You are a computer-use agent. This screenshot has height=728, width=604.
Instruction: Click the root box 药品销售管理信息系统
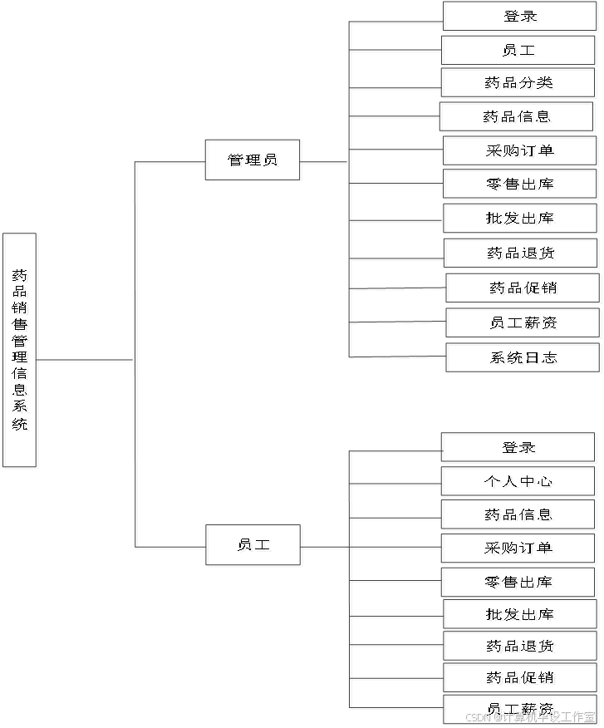pos(22,352)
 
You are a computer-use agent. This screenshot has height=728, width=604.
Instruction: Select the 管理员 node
pos(254,160)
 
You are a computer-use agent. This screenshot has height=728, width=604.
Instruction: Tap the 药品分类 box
pos(520,84)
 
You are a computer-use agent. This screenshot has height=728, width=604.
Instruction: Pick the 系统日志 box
pos(524,359)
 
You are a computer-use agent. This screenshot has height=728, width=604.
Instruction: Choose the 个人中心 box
pos(520,482)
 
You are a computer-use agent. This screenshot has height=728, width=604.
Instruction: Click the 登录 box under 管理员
pos(521,17)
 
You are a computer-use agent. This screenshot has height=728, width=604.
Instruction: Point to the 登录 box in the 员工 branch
pos(520,448)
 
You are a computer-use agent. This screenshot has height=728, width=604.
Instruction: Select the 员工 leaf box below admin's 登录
pos(520,52)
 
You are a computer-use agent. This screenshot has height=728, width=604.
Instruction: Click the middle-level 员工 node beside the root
pos(254,546)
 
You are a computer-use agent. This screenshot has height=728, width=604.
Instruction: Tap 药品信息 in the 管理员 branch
pos(518,118)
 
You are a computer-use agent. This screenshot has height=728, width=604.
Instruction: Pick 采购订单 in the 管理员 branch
pos(522,152)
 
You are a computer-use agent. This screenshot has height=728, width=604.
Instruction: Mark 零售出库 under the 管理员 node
pos(522,185)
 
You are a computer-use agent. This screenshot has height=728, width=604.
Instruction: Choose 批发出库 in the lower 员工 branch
pos(522,616)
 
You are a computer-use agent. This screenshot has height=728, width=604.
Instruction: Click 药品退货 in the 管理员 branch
pos(523,254)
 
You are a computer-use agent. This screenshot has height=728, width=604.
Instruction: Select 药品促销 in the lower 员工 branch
pos(522,679)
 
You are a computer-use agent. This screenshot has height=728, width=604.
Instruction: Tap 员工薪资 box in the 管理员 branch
pos(524,323)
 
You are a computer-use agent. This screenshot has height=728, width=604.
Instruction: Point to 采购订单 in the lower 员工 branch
pos(520,549)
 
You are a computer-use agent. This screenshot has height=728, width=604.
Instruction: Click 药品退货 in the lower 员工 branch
pos(522,647)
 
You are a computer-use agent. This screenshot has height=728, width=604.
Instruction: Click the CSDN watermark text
pos(529,716)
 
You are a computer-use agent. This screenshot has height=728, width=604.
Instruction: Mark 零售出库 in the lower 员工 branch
pos(520,583)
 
